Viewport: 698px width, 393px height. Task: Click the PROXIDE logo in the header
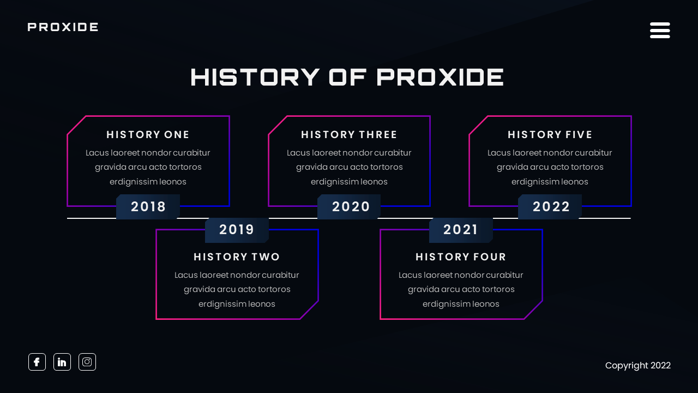tap(63, 27)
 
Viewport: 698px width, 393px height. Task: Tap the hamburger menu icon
tap(660, 30)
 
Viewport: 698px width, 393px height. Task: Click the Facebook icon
tap(37, 362)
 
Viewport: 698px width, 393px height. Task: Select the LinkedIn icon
tap(62, 362)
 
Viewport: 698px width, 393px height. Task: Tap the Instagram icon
tap(87, 362)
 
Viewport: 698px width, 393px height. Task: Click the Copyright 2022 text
tap(637, 365)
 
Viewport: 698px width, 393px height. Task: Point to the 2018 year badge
tap(148, 207)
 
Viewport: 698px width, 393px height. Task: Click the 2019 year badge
tap(237, 230)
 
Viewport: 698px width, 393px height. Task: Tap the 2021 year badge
tap(461, 230)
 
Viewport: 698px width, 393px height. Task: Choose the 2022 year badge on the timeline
tap(551, 207)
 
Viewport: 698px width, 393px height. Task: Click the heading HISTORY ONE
tap(148, 134)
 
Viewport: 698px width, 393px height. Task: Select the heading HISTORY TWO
tap(237, 257)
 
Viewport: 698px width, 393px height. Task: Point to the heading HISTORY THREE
tap(349, 134)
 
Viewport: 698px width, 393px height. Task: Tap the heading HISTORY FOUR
tap(461, 257)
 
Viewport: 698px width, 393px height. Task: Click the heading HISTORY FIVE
tap(550, 134)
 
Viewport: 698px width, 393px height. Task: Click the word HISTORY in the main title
tap(255, 77)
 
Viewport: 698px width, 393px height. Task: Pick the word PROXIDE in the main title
tap(440, 77)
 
